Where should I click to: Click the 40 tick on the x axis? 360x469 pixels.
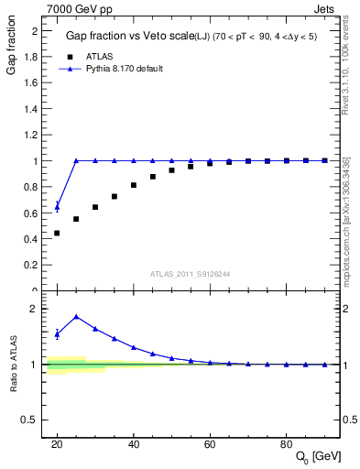tap(134, 444)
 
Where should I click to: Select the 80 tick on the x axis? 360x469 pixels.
tap(287, 444)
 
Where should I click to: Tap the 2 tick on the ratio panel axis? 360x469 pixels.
tap(38, 309)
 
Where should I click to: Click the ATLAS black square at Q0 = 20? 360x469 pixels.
tap(57, 233)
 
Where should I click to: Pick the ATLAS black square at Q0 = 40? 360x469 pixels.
tap(134, 185)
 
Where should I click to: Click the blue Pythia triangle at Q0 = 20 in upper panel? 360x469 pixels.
tap(57, 206)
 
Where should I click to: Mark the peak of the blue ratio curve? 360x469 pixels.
tap(76, 317)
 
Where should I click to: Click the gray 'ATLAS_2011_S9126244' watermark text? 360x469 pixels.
tap(190, 273)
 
